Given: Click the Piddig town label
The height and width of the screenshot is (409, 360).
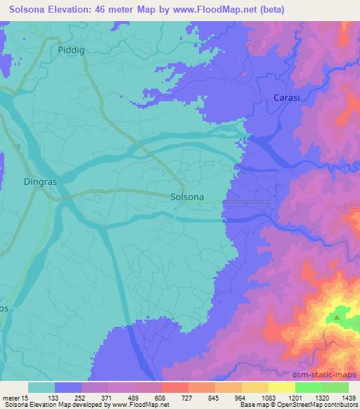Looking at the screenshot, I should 71,50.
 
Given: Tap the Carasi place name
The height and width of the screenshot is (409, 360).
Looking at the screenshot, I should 286,98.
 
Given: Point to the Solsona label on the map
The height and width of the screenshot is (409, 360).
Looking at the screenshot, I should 188,197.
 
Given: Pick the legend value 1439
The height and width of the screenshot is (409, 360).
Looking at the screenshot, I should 346,398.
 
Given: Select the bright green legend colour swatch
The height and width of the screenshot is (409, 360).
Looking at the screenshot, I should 309,387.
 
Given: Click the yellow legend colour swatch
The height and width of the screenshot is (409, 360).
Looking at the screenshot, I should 282,387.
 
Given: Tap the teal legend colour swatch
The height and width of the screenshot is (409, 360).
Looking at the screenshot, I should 41,387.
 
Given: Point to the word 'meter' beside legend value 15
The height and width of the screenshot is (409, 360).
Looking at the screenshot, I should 13,398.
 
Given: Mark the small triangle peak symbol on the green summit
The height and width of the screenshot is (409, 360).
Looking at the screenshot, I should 336,317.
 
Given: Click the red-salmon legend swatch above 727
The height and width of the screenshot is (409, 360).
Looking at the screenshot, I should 175,387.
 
